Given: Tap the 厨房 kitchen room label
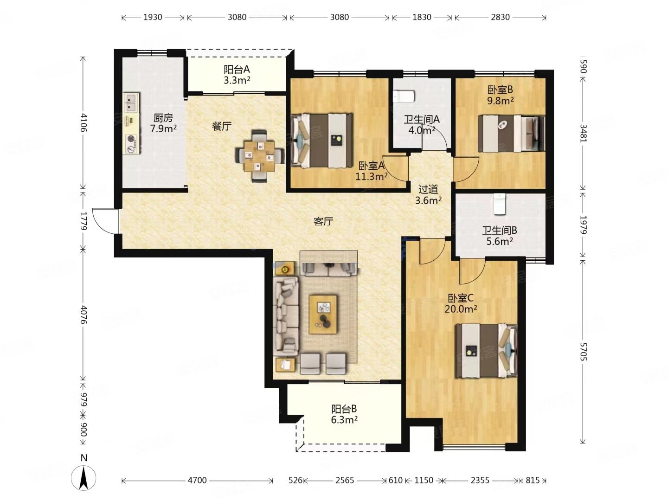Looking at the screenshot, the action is [x=163, y=117].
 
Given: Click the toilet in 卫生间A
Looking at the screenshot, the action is [x=404, y=96].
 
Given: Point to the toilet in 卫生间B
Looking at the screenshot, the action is [x=499, y=204].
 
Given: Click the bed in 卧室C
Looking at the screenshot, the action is [x=486, y=351].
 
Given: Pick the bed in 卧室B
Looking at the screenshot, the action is [x=511, y=133].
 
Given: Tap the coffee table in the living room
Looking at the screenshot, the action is [x=322, y=314].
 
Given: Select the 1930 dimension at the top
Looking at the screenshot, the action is [x=153, y=17].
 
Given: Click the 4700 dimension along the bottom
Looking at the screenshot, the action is [x=197, y=481].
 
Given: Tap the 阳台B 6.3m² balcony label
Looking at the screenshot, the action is [x=344, y=415].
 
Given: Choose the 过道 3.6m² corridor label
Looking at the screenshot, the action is [x=428, y=195].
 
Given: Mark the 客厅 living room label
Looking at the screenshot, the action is [x=323, y=221].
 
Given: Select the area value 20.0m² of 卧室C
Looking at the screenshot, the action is [x=461, y=309].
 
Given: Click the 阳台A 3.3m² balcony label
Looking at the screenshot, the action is [x=237, y=75].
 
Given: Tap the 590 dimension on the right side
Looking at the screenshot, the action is [x=583, y=66].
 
